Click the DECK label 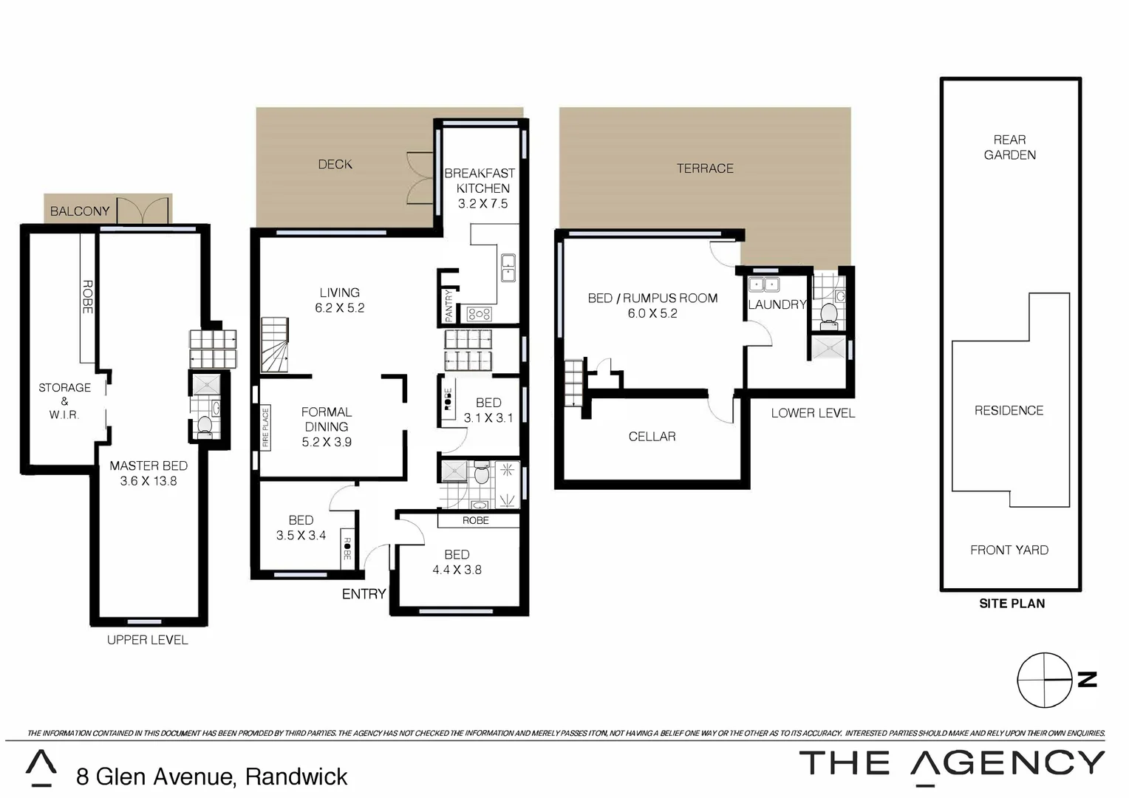coord(335,164)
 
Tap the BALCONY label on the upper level coord(80,211)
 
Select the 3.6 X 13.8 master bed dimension coord(149,481)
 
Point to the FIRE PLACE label coord(265,428)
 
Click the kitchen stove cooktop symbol coord(479,314)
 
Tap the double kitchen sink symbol coord(508,267)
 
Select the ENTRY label coord(364,594)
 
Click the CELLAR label coord(652,437)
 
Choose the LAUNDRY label coord(777,304)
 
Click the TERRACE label coord(705,168)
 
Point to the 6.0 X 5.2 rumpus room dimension coord(652,313)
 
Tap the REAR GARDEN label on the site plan coord(1009,147)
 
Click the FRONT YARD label coord(1009,550)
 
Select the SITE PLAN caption coord(1012,604)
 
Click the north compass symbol coord(1045,680)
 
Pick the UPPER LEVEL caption coord(148,640)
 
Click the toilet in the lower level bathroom coord(828,314)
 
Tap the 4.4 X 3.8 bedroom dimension coord(457,570)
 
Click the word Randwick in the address coord(296,777)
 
